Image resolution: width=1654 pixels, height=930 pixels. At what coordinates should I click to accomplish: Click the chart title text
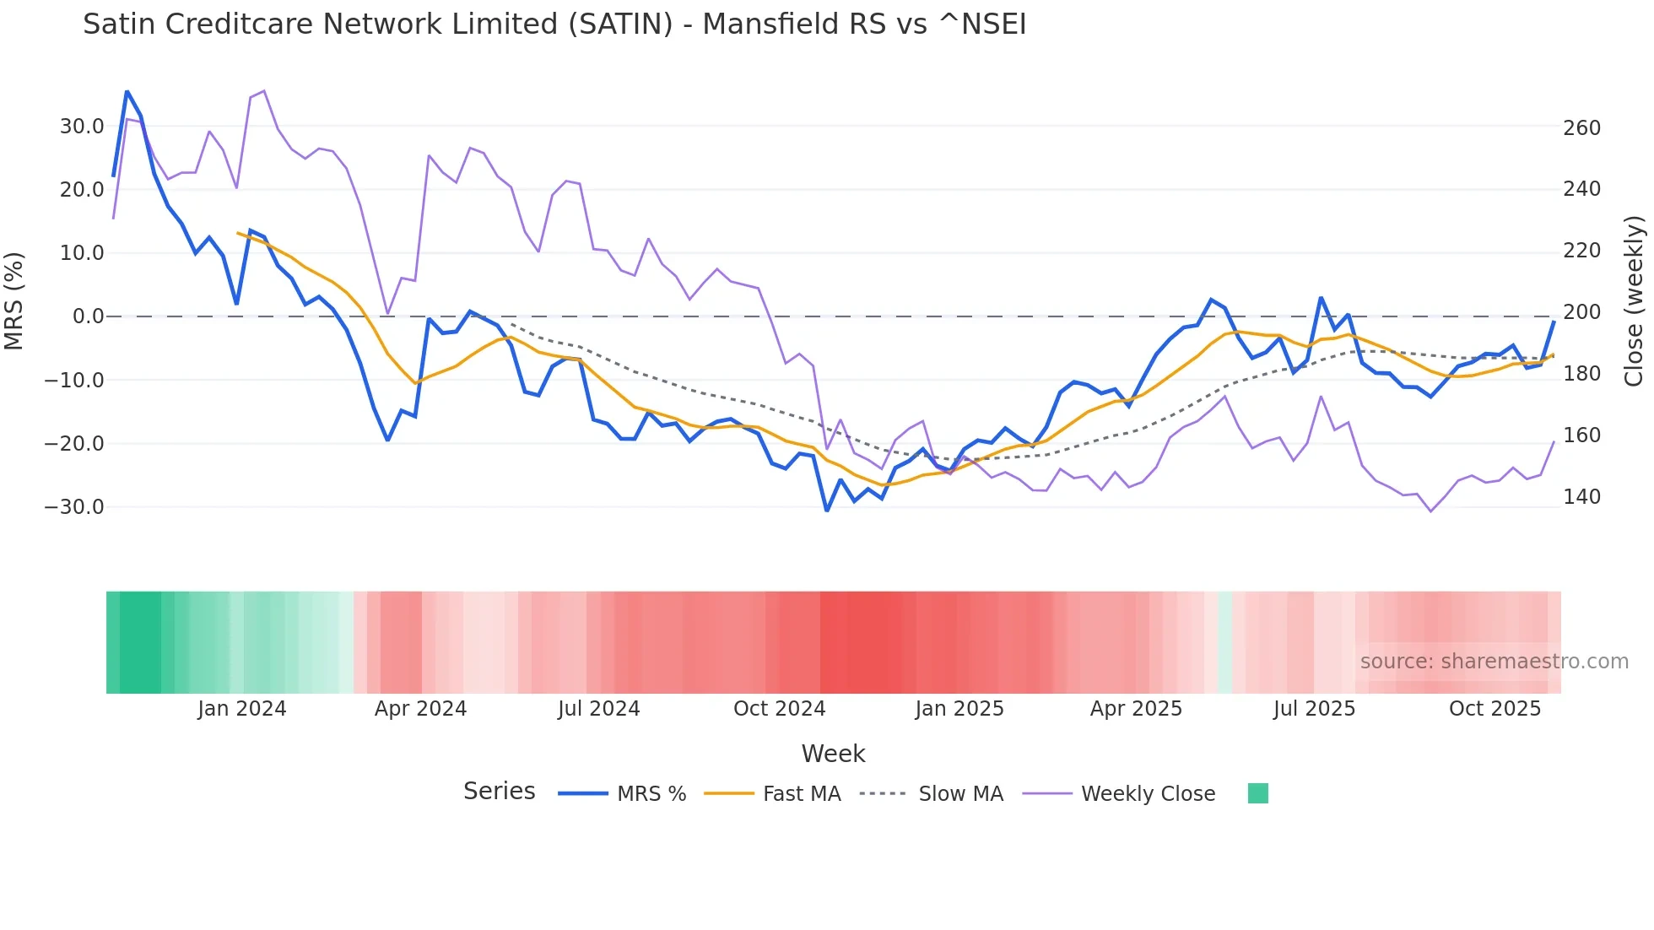(554, 24)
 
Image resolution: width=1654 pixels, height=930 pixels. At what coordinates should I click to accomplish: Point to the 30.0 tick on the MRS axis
(82, 127)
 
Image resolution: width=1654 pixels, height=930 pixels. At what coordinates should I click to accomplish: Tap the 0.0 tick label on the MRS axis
(89, 316)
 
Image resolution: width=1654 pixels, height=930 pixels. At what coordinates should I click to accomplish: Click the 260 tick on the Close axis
(1581, 128)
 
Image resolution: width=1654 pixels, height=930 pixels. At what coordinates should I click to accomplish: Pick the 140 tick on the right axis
(1581, 497)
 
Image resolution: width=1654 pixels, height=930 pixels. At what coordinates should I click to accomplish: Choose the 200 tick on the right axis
(1581, 312)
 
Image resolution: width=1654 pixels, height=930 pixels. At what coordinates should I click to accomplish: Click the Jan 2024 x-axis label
(242, 709)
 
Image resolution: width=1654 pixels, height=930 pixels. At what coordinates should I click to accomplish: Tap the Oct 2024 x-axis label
(779, 709)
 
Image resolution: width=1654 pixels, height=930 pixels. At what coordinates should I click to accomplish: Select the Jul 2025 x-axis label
(1314, 709)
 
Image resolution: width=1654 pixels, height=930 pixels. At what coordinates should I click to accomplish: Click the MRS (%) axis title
(14, 300)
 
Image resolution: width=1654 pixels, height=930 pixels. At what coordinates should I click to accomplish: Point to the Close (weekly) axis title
(1635, 300)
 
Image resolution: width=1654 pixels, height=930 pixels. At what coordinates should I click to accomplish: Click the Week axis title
(833, 754)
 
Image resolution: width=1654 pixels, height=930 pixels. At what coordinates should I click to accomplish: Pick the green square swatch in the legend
(1258, 793)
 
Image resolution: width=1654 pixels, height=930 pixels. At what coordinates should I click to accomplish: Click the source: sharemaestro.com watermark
(1494, 662)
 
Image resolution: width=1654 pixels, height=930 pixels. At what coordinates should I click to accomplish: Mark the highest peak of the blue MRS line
(127, 91)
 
